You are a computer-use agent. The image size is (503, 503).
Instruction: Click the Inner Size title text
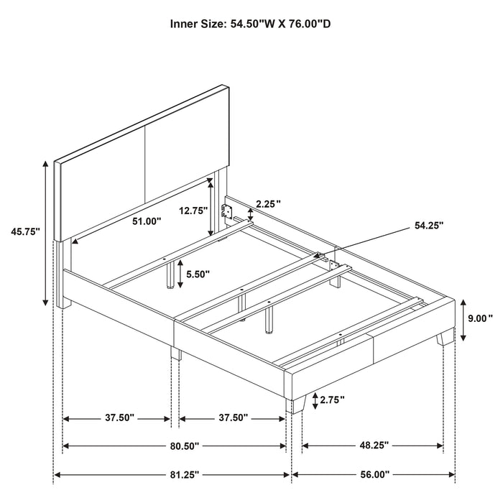pos(251,24)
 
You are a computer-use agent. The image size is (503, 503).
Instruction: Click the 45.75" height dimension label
pos(26,231)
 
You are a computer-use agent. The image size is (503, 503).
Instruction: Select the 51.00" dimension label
pos(146,222)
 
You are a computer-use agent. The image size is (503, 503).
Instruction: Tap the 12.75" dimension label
pos(193,211)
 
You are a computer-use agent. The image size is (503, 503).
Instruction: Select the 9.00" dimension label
pos(481,318)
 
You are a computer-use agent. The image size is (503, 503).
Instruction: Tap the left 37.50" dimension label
pos(116,417)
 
